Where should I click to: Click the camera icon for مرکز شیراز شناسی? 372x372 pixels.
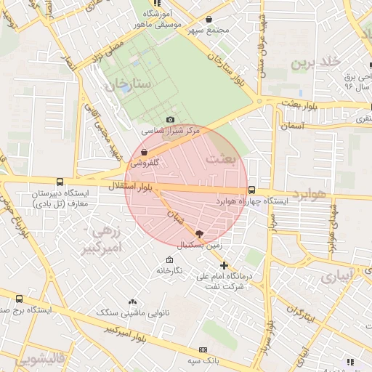(170, 119)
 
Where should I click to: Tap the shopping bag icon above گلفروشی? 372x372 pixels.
(144, 153)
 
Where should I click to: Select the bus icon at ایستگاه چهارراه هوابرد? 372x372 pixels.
(251, 190)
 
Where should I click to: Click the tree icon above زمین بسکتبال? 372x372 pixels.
(200, 233)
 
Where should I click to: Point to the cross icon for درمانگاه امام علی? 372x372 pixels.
(225, 265)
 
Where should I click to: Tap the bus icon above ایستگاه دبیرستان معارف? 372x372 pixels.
(59, 182)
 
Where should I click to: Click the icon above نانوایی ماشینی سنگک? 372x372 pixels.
(132, 301)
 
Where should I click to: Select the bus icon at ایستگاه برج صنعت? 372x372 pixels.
(18, 298)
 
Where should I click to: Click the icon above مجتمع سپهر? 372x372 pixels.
(209, 20)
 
